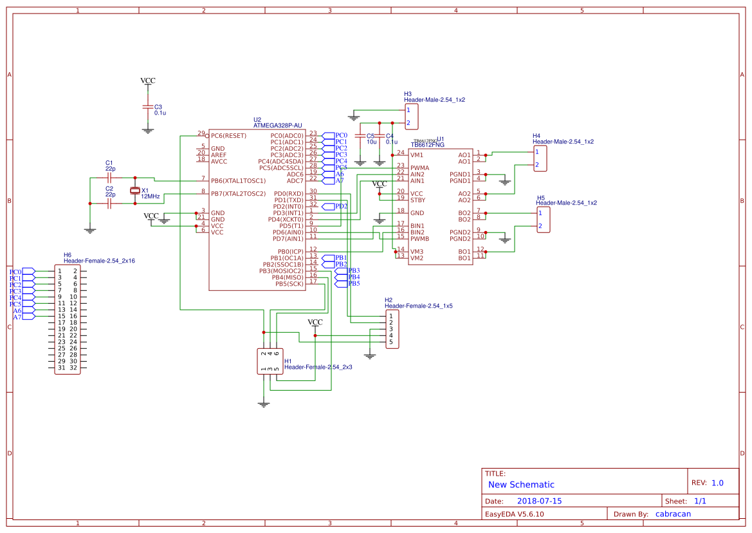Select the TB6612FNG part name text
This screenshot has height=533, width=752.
click(428, 145)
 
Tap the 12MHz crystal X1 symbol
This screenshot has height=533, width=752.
click(134, 190)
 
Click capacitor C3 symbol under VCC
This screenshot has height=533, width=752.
click(148, 107)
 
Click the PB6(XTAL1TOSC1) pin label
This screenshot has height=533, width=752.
click(238, 181)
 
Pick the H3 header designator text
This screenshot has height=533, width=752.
click(408, 94)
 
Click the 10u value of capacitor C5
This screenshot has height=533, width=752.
click(371, 142)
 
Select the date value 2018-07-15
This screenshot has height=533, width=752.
click(539, 501)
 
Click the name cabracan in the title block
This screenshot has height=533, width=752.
click(673, 514)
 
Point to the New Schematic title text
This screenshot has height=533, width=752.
click(521, 485)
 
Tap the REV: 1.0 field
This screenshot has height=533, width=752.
click(707, 483)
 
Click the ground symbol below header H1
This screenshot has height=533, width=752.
click(263, 404)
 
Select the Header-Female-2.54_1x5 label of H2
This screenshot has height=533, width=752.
click(418, 306)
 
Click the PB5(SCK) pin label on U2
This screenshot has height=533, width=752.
click(289, 284)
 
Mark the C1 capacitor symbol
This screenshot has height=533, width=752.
click(109, 176)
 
